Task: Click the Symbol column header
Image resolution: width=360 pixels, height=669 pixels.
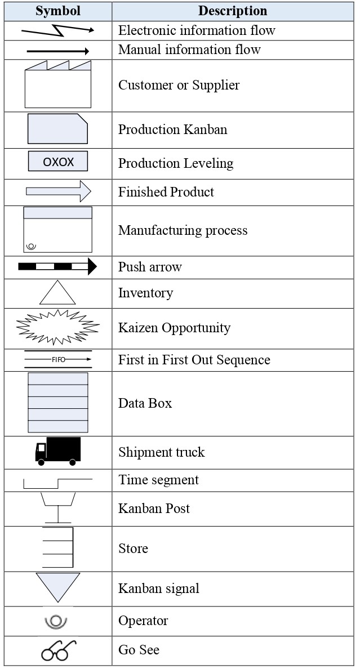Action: point(57,11)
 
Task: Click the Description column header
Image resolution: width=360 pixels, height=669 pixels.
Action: point(232,11)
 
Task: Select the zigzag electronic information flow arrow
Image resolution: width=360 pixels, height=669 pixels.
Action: point(57,30)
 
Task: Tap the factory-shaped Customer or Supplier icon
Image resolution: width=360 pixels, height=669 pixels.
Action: point(57,85)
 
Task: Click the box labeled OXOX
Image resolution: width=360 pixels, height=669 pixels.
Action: point(58,162)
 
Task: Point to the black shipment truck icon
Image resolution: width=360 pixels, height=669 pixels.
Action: point(57,451)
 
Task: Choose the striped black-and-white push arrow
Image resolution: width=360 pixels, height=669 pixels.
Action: point(57,266)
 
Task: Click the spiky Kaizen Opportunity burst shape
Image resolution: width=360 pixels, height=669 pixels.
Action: point(57,327)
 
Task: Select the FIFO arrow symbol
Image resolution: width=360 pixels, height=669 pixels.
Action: point(57,359)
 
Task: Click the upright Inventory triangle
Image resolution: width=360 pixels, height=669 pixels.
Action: point(57,293)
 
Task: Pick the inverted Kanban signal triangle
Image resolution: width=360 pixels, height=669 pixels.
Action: point(57,587)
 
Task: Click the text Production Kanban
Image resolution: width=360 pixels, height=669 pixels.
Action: point(172,130)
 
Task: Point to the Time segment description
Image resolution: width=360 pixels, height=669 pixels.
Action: point(158,480)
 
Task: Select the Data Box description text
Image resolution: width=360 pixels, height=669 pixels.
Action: point(145,403)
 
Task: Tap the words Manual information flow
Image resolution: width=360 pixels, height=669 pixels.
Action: point(189,50)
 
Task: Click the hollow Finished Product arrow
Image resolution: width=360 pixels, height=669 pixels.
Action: point(57,191)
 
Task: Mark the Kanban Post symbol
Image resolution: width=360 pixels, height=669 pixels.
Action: point(57,508)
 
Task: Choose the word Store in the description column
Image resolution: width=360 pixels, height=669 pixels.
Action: point(133,548)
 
